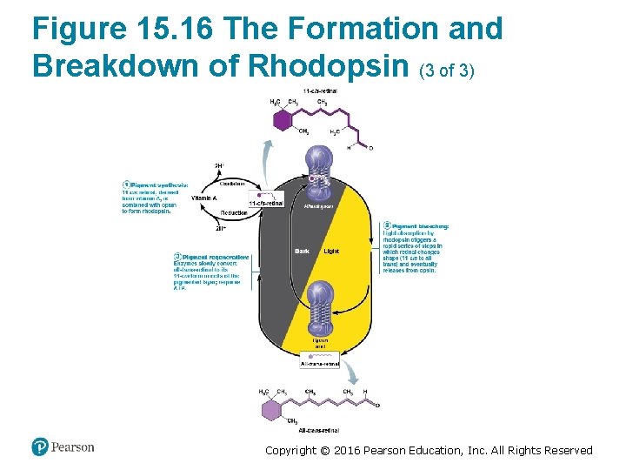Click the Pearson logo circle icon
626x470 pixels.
[40, 446]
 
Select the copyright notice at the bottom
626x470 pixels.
[429, 450]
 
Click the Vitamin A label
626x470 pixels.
[203, 198]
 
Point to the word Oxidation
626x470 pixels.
[231, 184]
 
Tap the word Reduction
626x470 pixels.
[233, 213]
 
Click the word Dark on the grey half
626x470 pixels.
[302, 252]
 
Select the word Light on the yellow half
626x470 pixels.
[331, 252]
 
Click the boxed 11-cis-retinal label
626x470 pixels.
[266, 204]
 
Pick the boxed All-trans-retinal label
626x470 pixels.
[320, 364]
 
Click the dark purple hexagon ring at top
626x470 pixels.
[282, 119]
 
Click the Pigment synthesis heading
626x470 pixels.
[158, 185]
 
